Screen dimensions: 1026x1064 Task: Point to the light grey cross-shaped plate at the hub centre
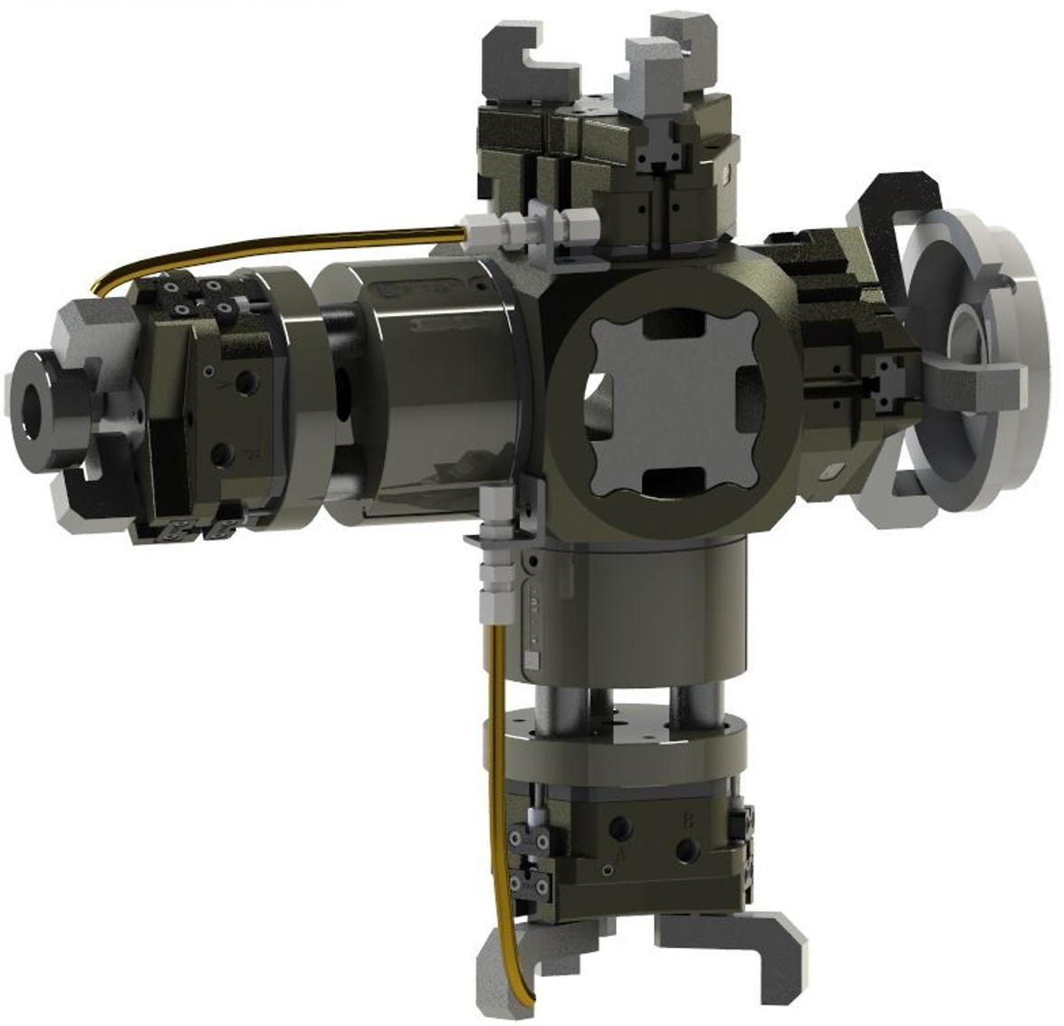click(x=674, y=398)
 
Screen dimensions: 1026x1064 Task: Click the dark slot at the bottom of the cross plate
click(x=675, y=479)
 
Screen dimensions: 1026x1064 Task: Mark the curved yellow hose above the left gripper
click(x=272, y=243)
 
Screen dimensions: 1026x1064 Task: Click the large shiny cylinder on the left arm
click(x=426, y=389)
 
